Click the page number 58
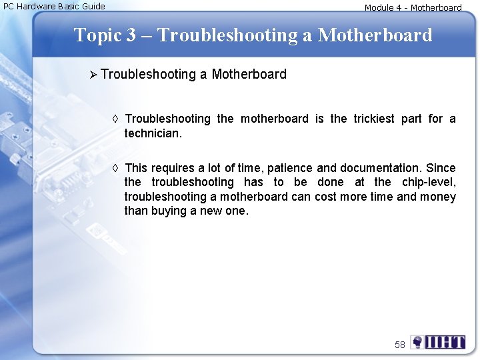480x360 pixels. click(x=399, y=345)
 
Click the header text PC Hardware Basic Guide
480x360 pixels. click(x=55, y=7)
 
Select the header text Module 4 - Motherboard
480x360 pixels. click(x=413, y=8)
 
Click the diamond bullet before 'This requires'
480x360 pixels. click(x=115, y=168)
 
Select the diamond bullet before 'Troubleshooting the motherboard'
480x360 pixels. click(x=115, y=119)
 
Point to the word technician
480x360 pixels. click(x=153, y=133)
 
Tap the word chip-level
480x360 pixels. click(x=429, y=182)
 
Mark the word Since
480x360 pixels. click(x=441, y=168)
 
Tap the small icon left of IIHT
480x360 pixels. click(x=417, y=343)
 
